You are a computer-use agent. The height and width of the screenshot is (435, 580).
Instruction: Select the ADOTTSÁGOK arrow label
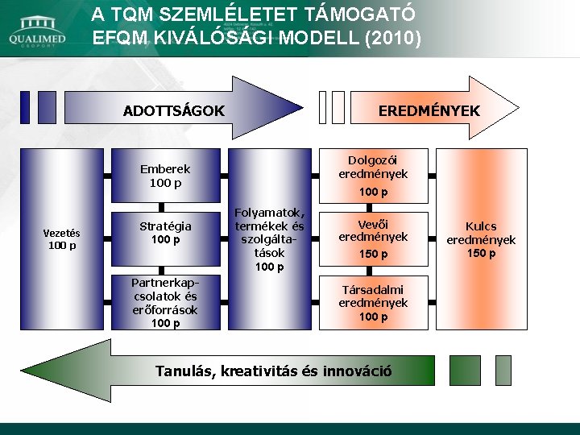pyautogui.click(x=173, y=110)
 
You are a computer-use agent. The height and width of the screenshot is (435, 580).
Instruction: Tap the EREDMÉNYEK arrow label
pyautogui.click(x=429, y=110)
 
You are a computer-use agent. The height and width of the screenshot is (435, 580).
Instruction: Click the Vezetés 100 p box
pyautogui.click(x=62, y=239)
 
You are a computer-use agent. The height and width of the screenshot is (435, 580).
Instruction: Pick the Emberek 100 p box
pyautogui.click(x=165, y=176)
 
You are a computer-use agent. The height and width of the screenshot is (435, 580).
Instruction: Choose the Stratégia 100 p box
pyautogui.click(x=165, y=233)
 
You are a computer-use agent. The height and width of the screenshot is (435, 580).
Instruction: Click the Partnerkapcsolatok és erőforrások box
pyautogui.click(x=165, y=303)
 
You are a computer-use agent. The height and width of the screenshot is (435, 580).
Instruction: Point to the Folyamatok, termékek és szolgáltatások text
pyautogui.click(x=269, y=239)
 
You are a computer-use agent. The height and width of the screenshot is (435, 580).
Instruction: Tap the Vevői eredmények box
pyautogui.click(x=373, y=238)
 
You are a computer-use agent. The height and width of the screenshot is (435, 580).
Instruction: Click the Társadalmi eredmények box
pyautogui.click(x=373, y=303)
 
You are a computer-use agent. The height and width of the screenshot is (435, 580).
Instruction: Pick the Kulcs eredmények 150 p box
pyautogui.click(x=481, y=239)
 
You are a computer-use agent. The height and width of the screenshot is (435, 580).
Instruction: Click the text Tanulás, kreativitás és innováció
pyautogui.click(x=274, y=371)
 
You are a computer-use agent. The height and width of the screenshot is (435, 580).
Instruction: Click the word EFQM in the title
pyautogui.click(x=122, y=38)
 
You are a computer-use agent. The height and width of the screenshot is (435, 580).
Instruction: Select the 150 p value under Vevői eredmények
pyautogui.click(x=373, y=254)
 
